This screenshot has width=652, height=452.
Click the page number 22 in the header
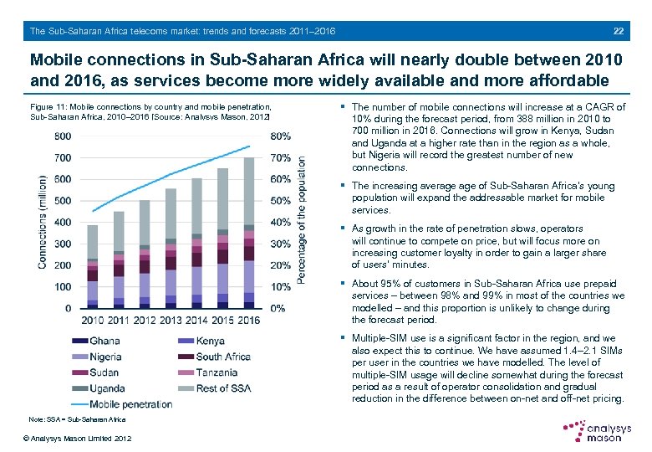(618, 31)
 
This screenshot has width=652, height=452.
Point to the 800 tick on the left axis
(62, 136)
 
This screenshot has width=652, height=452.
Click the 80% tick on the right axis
(282, 136)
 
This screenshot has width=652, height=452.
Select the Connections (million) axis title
(42, 222)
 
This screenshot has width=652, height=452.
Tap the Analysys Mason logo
(597, 431)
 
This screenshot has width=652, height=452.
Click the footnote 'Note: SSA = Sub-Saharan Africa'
(77, 419)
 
